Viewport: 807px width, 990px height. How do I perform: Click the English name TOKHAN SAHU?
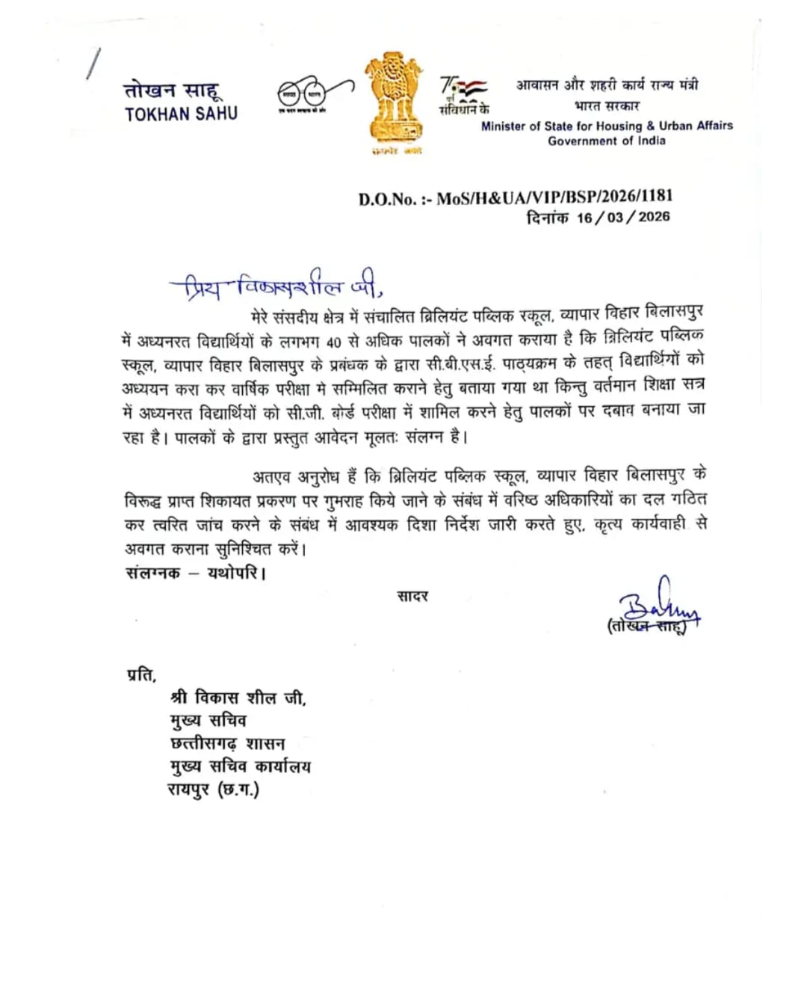(181, 114)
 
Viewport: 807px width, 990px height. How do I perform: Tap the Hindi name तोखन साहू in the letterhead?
(173, 90)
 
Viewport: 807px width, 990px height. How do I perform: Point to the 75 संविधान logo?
(463, 95)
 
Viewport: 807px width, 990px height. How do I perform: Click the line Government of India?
(606, 141)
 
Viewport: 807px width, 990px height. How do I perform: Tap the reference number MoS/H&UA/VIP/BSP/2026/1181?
(554, 197)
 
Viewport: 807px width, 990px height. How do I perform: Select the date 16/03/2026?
(623, 217)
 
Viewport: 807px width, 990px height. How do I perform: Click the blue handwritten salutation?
(276, 285)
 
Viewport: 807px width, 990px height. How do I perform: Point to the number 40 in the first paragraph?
(333, 342)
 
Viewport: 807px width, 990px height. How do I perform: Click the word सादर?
(412, 596)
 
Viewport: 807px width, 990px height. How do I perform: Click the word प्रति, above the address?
(142, 674)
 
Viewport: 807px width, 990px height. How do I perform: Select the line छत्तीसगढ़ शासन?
(227, 743)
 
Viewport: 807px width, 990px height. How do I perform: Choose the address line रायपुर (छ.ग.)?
(213, 790)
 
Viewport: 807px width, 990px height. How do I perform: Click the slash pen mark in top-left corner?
(93, 63)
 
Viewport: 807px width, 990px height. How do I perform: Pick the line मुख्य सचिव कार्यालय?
(240, 766)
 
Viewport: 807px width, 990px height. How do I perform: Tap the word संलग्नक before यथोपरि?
(153, 573)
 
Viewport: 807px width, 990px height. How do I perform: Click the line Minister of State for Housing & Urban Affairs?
(607, 126)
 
